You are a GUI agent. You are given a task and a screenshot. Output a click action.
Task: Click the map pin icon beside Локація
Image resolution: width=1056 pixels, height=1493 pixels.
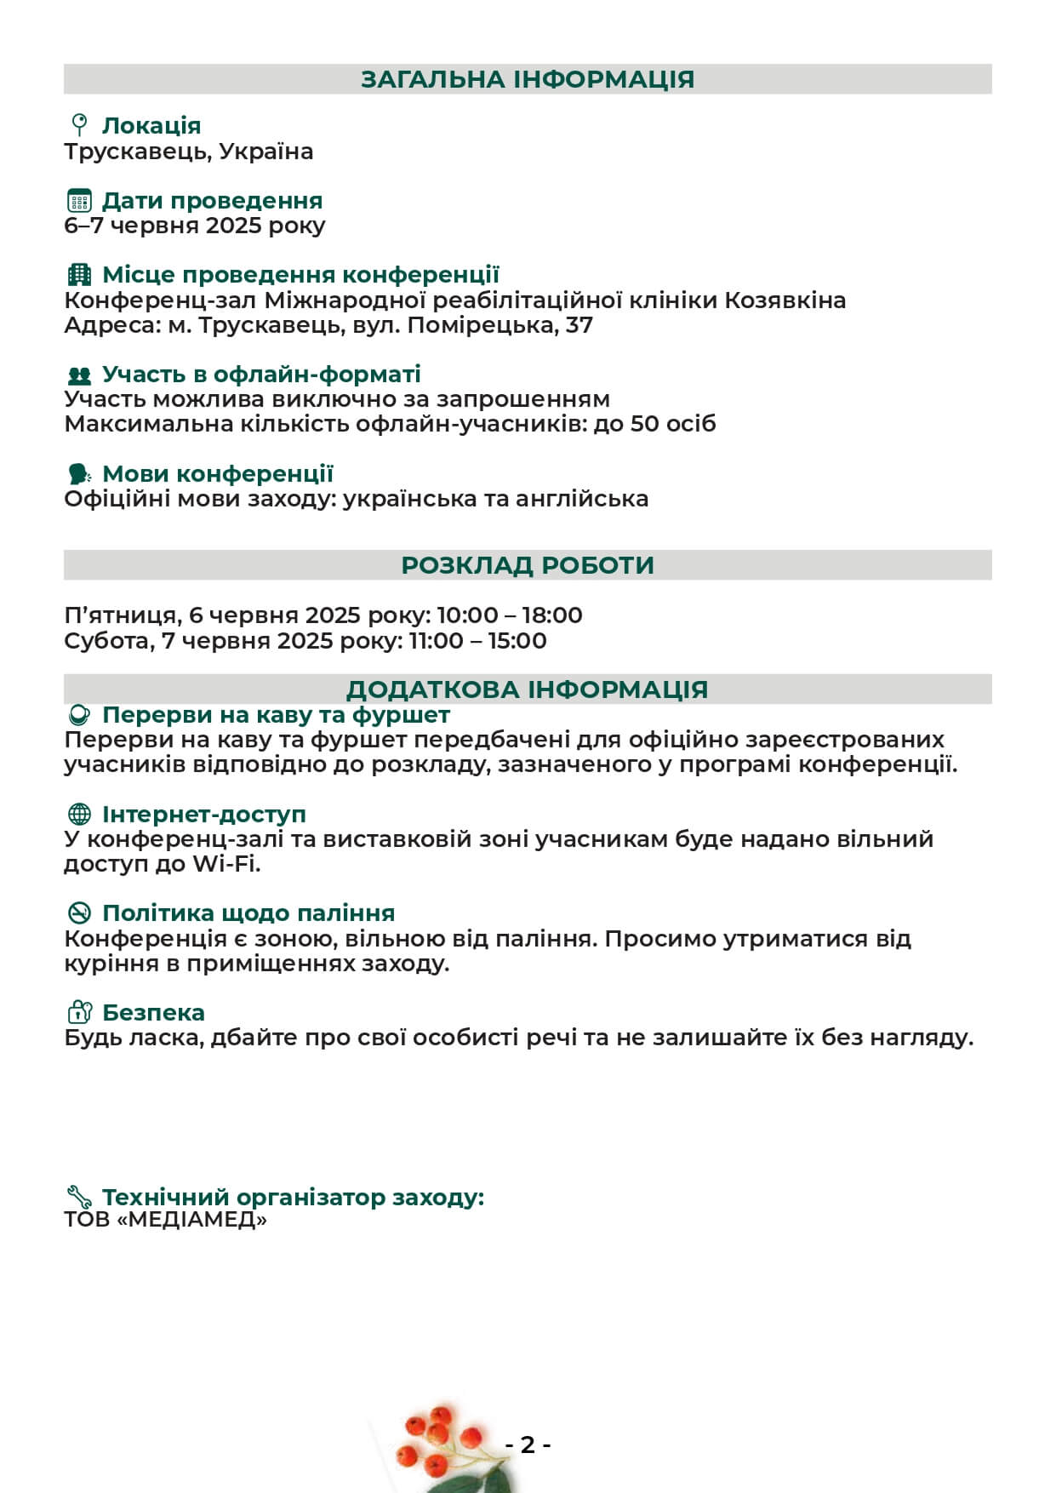79,125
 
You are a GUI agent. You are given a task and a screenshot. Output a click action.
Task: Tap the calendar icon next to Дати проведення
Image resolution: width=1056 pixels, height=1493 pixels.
79,201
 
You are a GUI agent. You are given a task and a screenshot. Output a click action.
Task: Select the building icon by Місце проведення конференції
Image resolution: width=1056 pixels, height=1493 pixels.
79,275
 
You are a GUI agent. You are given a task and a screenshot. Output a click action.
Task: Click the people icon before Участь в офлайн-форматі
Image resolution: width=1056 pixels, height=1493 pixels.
79,375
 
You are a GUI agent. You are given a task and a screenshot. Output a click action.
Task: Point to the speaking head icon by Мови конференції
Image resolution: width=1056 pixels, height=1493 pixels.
79,474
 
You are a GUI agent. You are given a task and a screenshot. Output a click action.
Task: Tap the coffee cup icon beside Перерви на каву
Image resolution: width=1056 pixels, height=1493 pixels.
79,715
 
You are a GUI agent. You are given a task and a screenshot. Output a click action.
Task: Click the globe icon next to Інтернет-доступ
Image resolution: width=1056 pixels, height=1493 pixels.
79,815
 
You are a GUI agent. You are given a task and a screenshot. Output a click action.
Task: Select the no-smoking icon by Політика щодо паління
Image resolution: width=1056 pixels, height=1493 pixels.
79,913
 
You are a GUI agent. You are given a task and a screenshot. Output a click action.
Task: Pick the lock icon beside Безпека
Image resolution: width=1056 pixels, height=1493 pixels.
79,1013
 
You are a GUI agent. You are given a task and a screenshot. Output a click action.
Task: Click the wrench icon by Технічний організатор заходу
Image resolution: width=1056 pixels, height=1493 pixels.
79,1197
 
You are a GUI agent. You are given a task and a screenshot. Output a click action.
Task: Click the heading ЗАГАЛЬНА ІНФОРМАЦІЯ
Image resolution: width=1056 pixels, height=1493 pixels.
528,79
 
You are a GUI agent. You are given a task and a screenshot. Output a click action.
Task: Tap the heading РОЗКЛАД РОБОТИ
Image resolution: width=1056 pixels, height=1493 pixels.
528,565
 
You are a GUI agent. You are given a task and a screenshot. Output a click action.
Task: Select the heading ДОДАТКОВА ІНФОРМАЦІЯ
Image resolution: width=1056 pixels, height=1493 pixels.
528,689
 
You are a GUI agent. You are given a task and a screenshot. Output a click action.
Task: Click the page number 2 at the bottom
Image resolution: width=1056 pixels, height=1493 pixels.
528,1444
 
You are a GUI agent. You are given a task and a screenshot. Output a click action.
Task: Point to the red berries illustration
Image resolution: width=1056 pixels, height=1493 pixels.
434,1439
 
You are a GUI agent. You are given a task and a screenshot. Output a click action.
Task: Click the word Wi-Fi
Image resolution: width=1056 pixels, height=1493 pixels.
226,864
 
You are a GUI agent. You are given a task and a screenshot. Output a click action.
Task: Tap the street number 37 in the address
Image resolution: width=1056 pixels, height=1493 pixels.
579,325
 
